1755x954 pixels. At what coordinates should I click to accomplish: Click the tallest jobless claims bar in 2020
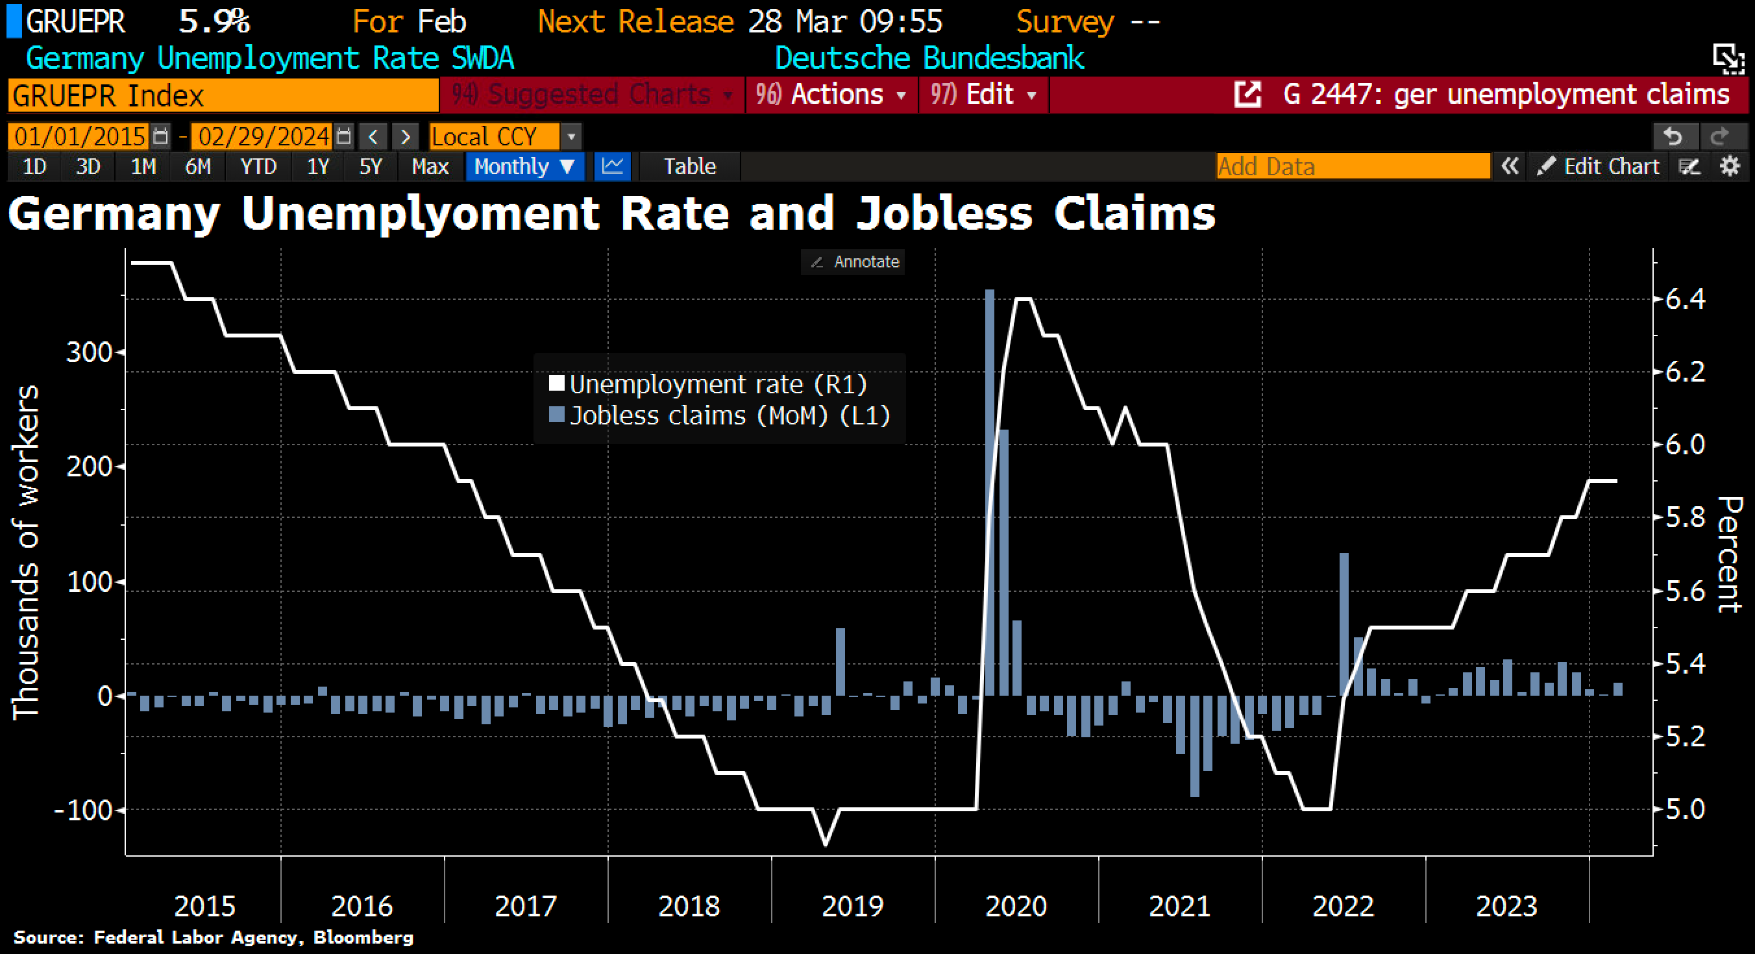point(989,491)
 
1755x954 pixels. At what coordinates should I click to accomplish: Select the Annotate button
point(854,262)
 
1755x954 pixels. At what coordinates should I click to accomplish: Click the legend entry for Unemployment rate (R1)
point(709,384)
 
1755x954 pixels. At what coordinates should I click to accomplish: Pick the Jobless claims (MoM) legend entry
point(721,415)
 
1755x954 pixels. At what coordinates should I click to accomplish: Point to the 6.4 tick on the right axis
point(1685,299)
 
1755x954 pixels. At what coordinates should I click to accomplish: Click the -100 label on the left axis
point(83,810)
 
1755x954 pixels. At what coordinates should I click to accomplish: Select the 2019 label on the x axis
point(852,906)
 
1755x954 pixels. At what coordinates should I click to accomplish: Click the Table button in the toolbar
point(689,166)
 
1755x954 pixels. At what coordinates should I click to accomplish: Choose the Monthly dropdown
point(524,166)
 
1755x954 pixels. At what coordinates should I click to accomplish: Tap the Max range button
point(430,166)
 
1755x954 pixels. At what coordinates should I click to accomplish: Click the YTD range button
point(258,166)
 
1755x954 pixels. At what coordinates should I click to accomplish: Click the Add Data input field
point(1353,166)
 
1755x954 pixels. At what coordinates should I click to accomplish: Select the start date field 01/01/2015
point(80,136)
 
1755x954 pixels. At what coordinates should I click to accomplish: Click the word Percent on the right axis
point(1730,554)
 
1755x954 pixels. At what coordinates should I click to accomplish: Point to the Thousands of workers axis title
point(26,552)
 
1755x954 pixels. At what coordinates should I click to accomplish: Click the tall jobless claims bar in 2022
point(1344,624)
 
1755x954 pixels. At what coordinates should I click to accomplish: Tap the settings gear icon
point(1730,166)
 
